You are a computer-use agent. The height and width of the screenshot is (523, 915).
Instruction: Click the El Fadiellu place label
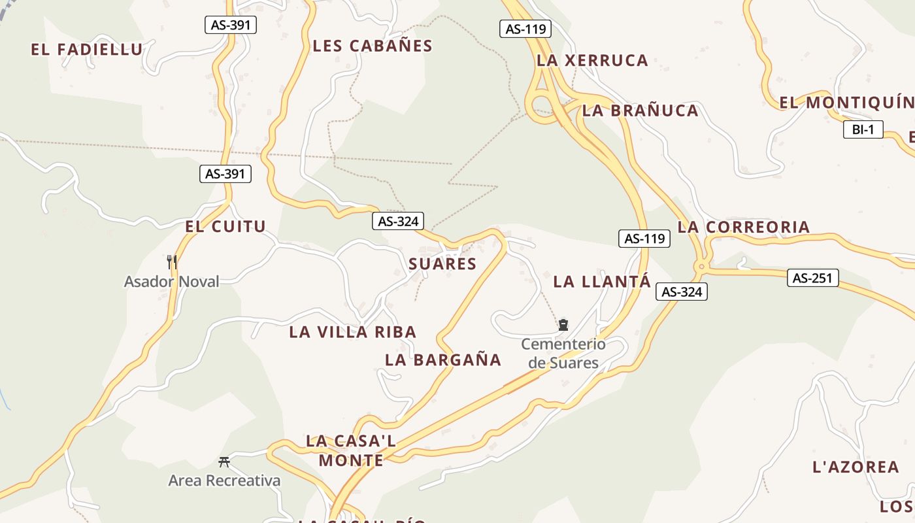(x=86, y=50)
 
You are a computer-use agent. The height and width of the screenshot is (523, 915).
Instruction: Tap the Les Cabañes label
(x=373, y=46)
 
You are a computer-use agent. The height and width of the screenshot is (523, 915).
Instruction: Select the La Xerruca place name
(x=592, y=60)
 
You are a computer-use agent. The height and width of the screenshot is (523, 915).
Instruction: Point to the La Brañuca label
(x=640, y=110)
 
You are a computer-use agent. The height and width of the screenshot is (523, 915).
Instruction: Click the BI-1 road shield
(x=863, y=129)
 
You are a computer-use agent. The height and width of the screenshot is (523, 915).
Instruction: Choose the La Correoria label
(x=743, y=227)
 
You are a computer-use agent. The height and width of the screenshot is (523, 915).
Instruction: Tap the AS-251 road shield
(x=812, y=278)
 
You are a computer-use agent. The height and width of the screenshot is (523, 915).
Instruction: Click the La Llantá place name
(x=602, y=282)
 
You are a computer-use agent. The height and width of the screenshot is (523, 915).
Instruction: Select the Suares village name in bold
(x=442, y=264)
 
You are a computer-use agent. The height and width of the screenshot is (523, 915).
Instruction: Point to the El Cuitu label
(x=225, y=227)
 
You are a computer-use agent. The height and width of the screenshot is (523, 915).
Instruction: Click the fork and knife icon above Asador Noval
(x=172, y=261)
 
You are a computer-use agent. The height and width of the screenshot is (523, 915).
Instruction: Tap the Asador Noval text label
(x=172, y=282)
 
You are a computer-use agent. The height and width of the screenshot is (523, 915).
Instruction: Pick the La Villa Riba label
(x=352, y=332)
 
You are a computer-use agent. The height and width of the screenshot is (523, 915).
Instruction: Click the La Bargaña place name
(x=442, y=360)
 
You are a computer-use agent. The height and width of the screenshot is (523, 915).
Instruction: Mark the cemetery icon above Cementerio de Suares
(x=563, y=324)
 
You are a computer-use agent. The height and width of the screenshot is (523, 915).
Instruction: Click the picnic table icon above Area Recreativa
(x=224, y=462)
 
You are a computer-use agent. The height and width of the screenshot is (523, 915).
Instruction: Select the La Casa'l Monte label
(x=351, y=450)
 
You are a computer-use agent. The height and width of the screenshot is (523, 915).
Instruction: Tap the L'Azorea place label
(x=856, y=467)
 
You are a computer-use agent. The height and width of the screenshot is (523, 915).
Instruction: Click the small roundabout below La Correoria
(x=702, y=266)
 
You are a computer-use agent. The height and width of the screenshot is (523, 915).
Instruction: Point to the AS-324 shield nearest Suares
(x=398, y=221)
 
